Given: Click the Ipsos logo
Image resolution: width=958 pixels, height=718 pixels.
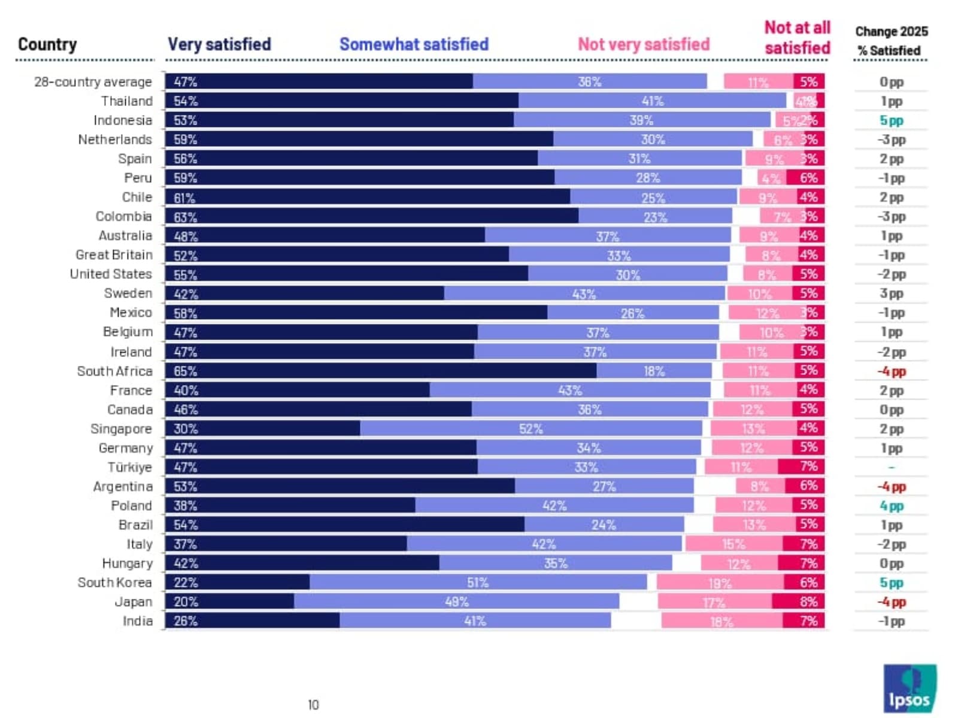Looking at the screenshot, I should [910, 688].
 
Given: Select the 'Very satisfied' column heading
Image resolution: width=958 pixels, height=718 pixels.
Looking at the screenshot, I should [219, 44].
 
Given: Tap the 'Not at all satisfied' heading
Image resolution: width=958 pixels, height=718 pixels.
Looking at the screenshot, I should [797, 38].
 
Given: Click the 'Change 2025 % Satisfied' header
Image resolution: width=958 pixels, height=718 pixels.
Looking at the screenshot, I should [891, 41].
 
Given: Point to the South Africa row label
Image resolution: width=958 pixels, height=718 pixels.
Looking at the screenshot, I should [115, 371].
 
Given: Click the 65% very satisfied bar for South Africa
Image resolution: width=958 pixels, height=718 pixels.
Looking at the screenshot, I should [381, 371].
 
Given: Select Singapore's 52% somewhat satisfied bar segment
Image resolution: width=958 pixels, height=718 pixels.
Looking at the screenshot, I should [530, 429].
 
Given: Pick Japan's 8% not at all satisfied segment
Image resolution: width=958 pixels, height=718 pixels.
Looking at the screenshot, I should [798, 602].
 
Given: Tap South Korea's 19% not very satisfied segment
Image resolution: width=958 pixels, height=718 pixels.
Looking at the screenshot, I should [720, 583].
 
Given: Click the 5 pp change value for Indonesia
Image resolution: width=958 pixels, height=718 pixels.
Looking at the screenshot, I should [891, 120].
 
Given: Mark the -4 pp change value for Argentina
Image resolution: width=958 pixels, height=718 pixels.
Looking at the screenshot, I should [891, 487].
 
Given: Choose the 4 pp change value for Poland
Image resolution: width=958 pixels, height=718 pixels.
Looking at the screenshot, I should [891, 506].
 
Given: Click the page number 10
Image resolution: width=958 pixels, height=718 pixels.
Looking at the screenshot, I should [313, 705].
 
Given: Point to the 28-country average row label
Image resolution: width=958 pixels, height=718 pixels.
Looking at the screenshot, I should [93, 82].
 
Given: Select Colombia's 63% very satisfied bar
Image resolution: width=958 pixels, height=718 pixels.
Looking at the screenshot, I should [372, 217].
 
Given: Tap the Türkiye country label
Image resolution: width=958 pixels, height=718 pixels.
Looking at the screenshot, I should [130, 468].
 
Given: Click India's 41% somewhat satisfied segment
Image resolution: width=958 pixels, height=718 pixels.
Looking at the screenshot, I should [475, 621].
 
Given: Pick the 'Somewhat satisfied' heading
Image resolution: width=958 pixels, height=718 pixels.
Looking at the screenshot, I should [414, 44].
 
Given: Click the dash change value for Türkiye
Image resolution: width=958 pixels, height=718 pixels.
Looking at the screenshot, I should [891, 467].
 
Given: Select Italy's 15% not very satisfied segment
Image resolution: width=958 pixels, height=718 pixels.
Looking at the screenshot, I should [733, 544].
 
